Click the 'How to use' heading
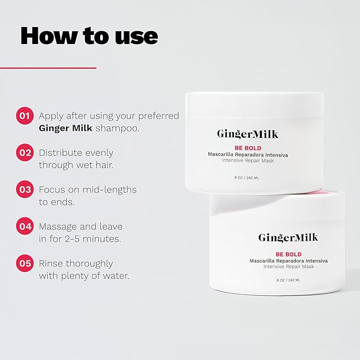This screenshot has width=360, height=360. click(x=89, y=36)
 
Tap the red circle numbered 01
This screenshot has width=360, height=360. click(x=25, y=116)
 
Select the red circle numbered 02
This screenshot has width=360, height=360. click(x=25, y=153)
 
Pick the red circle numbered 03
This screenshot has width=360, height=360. click(x=25, y=189)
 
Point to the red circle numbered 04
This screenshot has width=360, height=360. click(x=25, y=226)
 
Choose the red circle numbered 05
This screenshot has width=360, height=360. click(x=25, y=263)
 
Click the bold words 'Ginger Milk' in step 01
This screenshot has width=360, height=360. click(x=66, y=128)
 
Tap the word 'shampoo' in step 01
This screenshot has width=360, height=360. click(x=117, y=128)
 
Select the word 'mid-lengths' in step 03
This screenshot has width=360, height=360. click(x=110, y=190)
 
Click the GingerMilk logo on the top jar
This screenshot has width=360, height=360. click(x=248, y=134)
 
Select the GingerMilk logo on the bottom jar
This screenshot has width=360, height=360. click(x=288, y=238)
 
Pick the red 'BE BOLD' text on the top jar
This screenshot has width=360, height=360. click(x=248, y=148)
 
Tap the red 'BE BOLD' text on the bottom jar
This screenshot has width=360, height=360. click(x=288, y=254)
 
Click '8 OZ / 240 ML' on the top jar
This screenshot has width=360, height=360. click(x=247, y=178)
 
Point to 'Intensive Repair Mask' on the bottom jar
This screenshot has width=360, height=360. click(x=288, y=267)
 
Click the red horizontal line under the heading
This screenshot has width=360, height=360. click(x=48, y=68)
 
